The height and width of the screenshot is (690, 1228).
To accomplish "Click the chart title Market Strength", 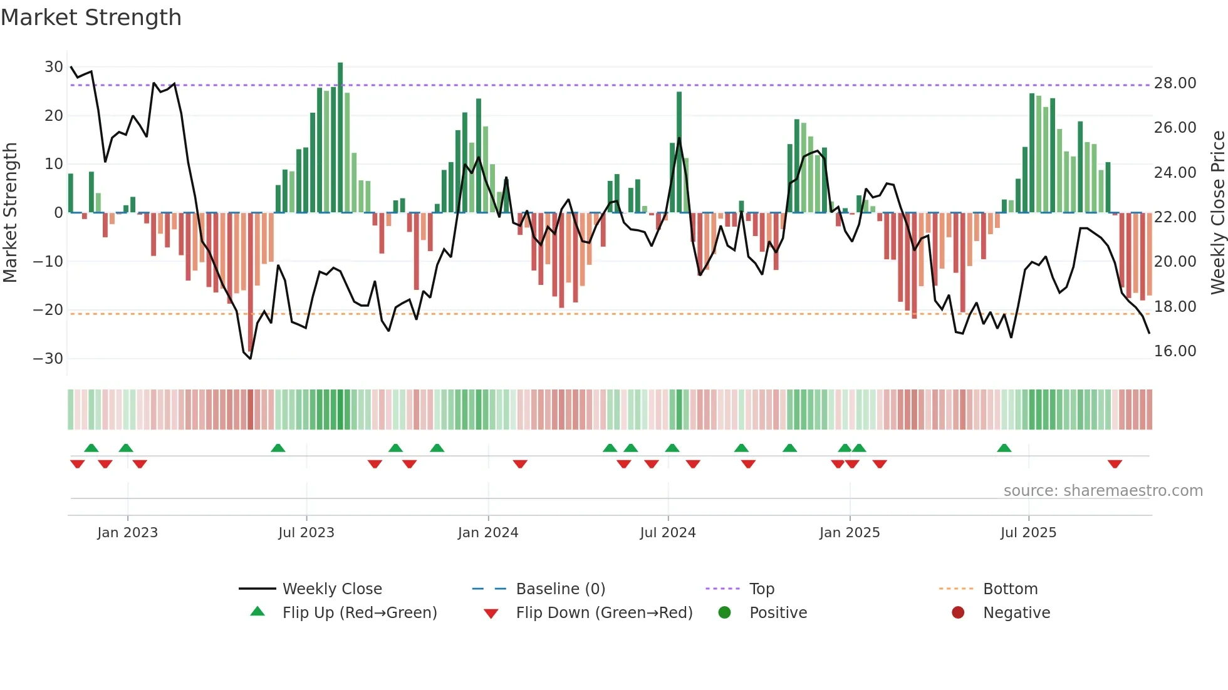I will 91,18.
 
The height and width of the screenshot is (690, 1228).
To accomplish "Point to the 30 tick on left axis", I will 54,67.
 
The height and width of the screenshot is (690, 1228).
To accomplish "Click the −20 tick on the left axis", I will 48,310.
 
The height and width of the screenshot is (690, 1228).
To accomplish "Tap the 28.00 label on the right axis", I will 1175,83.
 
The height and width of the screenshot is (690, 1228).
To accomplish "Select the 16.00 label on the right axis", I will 1175,351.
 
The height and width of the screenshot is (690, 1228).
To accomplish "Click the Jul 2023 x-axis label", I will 306,533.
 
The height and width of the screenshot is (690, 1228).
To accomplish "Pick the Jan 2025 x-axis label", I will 849,533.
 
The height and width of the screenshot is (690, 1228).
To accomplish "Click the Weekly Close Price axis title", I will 1217,213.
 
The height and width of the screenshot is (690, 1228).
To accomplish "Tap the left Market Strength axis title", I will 10,213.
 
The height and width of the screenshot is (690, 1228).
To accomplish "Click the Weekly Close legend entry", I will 332,589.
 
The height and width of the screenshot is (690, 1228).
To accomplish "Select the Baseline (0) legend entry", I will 560,589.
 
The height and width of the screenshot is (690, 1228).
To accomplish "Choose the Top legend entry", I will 761,589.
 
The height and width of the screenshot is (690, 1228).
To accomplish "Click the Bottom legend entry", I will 1010,589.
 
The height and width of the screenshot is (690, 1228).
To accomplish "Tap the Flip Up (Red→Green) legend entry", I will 359,613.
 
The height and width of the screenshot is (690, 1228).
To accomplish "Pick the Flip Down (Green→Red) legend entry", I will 604,613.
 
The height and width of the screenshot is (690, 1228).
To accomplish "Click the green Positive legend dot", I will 724,613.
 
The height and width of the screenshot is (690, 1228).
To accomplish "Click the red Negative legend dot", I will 958,613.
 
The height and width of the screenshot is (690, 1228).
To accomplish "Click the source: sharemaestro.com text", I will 1103,491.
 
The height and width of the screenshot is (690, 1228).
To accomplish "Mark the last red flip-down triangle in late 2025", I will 1115,464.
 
